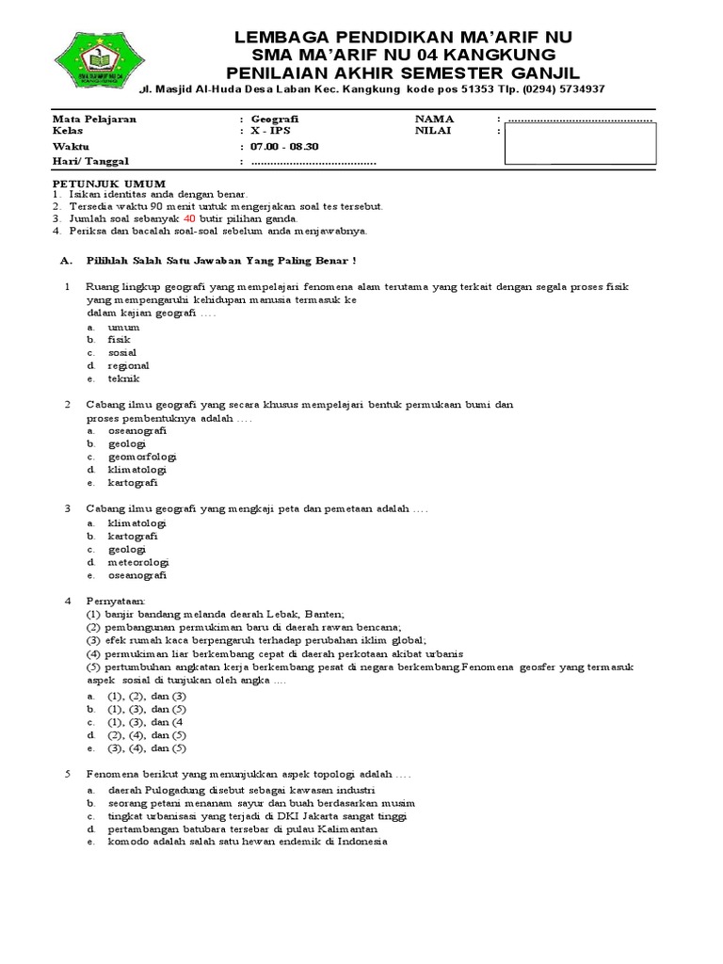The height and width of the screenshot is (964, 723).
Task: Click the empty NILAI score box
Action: (580, 144)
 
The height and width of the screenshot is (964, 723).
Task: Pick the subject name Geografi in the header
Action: (268, 120)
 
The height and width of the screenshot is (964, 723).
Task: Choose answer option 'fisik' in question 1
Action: (120, 339)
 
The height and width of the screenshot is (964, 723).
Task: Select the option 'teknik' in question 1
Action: (123, 378)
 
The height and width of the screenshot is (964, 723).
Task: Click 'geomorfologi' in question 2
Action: (142, 457)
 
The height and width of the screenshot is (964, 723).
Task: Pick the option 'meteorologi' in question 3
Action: (138, 562)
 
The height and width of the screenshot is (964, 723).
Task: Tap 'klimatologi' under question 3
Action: (137, 522)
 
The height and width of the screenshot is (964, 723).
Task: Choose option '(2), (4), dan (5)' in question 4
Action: (148, 734)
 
